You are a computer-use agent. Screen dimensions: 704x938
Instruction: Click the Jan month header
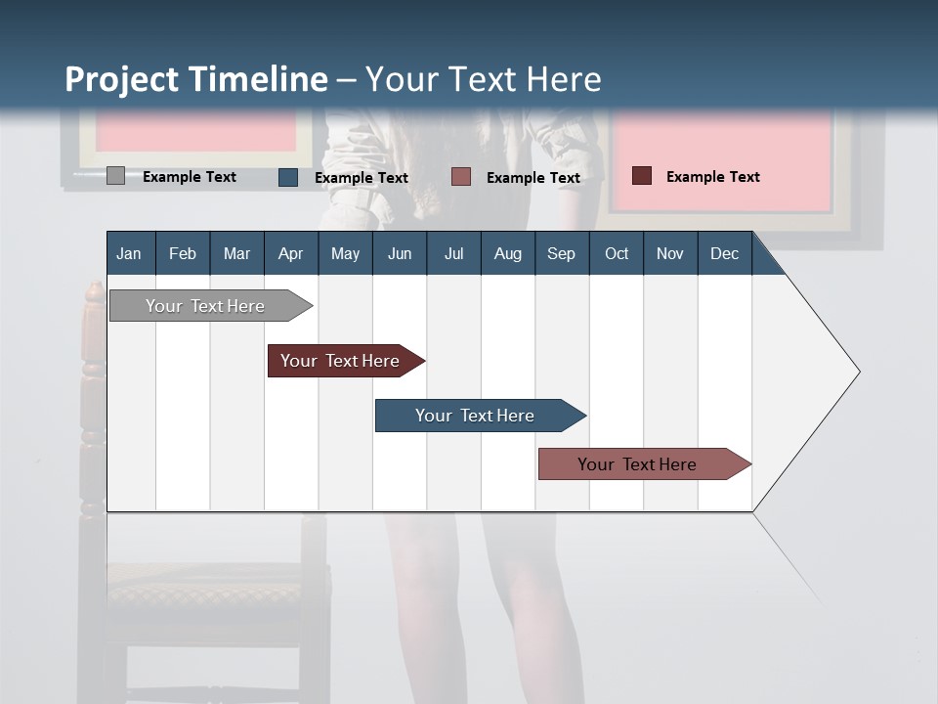[x=129, y=253]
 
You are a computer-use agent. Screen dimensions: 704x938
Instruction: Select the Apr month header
[x=290, y=253]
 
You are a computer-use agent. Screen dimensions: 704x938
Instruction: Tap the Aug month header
[x=507, y=253]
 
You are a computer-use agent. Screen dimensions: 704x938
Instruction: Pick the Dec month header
[x=724, y=253]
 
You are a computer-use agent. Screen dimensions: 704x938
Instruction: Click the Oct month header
[x=617, y=253]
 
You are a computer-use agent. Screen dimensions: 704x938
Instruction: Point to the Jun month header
[x=399, y=253]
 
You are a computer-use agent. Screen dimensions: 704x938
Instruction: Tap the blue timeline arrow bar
[x=476, y=416]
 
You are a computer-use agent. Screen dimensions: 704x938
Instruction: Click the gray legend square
[x=115, y=176]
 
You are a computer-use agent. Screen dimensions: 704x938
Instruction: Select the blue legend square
[x=288, y=177]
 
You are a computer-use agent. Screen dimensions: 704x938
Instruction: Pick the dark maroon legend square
[x=642, y=176]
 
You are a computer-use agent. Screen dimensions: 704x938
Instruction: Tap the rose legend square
[x=461, y=177]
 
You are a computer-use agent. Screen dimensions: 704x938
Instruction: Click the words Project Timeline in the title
[x=195, y=79]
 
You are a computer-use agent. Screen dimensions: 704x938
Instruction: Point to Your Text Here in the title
[x=483, y=79]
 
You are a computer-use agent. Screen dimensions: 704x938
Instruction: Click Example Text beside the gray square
[x=190, y=177]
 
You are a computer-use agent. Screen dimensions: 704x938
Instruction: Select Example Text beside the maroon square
[x=712, y=177]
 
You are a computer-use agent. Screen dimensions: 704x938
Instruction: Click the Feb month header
[x=183, y=253]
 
